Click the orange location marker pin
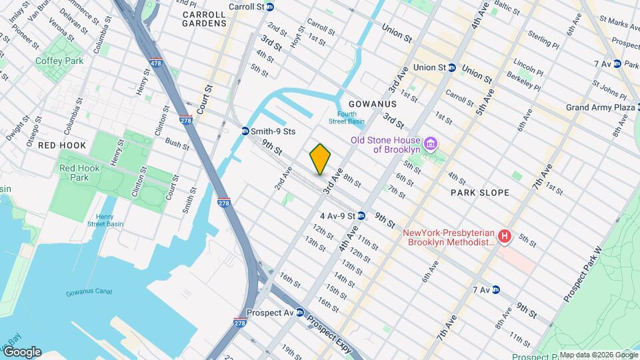click(320, 159)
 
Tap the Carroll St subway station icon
click(270, 7)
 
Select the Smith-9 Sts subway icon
click(245, 131)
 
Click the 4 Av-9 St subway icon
click(361, 216)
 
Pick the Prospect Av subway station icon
click(300, 312)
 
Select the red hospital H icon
click(505, 236)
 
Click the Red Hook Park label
click(79, 173)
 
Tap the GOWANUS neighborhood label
click(372, 105)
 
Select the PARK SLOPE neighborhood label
click(479, 193)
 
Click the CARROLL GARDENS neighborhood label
click(205, 15)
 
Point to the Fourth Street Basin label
click(346, 117)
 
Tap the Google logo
click(21, 352)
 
